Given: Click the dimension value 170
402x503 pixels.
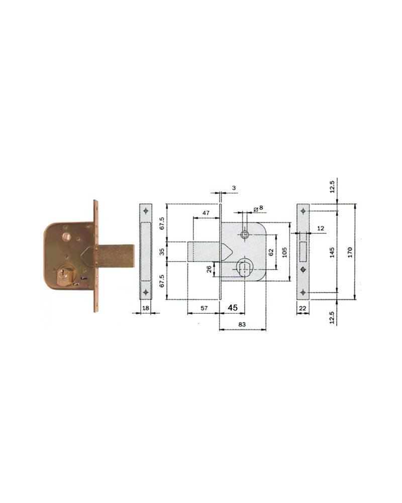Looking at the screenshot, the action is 350,252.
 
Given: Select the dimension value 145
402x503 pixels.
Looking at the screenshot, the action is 332,252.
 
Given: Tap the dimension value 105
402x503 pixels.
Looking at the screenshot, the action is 284,252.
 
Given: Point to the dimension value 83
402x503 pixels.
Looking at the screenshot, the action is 242,324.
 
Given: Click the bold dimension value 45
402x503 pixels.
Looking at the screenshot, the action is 233,308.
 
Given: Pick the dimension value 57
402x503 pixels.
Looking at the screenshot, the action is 204,308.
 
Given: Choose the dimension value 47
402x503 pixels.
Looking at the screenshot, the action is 206,213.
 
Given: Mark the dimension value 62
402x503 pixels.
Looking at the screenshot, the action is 271,252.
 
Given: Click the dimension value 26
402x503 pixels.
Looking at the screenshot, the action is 209,269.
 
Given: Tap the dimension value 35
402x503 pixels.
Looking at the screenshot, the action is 162,251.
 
